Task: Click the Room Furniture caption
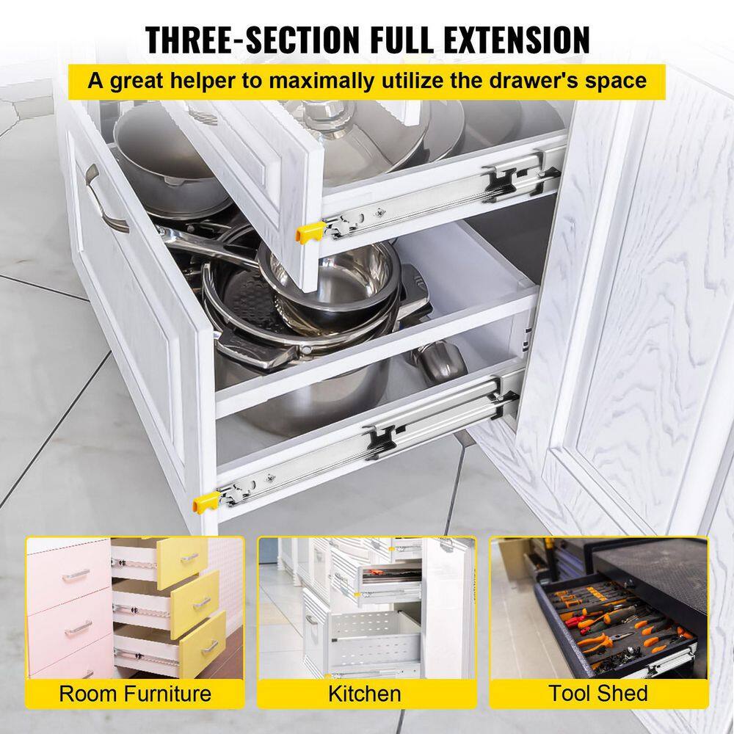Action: click(135, 694)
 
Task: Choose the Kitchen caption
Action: click(365, 694)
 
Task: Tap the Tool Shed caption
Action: click(598, 694)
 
